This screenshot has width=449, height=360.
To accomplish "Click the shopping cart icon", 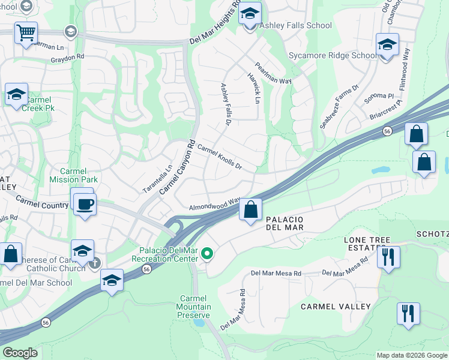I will [26, 33].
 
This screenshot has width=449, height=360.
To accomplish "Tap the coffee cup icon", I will [85, 203].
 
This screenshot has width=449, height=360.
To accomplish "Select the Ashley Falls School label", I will [295, 25].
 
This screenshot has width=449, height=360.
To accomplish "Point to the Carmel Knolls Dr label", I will [219, 158].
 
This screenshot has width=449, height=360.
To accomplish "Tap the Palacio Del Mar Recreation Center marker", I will [208, 254].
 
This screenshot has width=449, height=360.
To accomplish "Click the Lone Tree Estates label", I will [363, 243].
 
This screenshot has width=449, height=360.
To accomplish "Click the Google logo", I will [20, 353].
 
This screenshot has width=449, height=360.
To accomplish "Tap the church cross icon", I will [94, 263].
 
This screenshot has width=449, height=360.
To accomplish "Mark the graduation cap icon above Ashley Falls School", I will [250, 14].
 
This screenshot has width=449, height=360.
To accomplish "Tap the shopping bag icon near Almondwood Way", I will [250, 210].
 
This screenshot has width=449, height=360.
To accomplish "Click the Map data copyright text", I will [411, 355].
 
